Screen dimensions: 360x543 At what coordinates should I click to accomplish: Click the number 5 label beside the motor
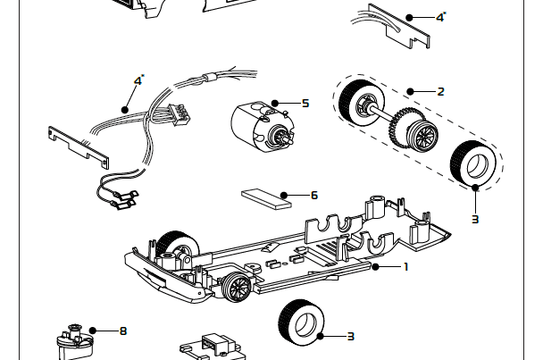[305, 104]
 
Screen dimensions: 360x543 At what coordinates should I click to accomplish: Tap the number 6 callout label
[313, 195]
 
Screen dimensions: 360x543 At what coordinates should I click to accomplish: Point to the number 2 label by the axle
[440, 91]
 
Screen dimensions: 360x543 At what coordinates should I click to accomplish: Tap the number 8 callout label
[123, 331]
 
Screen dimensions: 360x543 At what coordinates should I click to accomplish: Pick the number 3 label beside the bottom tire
[350, 337]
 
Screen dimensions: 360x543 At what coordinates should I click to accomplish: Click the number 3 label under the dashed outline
[475, 218]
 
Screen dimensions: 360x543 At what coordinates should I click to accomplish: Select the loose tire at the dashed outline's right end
[473, 163]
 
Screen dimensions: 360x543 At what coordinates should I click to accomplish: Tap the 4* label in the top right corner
[440, 16]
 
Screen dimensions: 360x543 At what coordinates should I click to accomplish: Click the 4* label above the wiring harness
[138, 80]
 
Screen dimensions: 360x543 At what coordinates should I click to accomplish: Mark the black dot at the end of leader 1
[376, 266]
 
